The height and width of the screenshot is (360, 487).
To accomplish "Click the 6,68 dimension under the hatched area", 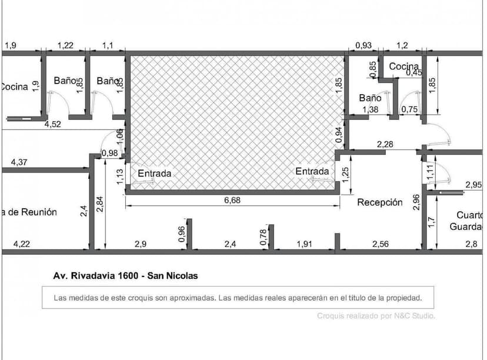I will coord(232,200).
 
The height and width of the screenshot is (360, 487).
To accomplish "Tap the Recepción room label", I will coord(380,202).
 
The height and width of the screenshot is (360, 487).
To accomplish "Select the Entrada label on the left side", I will coord(155,174).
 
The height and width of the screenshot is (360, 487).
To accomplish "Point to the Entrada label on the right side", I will coord(312,171).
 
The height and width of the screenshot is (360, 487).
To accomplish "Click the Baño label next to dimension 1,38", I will coord(371,98).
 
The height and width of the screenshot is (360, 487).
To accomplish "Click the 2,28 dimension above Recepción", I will coord(385,144).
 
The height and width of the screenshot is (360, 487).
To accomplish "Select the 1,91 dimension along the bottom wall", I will coord(303,244).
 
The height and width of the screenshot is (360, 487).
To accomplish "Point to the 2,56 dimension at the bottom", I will coord(379,244).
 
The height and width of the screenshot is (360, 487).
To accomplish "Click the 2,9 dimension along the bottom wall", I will coord(141,244).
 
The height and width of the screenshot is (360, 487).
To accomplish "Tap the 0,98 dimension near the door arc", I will coord(109,154).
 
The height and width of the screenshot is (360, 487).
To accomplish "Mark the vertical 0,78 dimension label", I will coord(263,236).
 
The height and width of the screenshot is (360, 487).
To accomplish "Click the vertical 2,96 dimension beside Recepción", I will coord(416,202).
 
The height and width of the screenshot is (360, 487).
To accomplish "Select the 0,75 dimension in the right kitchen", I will coord(409,109).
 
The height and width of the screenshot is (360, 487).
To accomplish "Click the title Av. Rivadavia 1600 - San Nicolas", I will coord(125,275).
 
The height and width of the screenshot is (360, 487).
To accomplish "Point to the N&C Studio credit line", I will coord(376,316).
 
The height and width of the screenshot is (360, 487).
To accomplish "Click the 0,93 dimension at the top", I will coord(363,45).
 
